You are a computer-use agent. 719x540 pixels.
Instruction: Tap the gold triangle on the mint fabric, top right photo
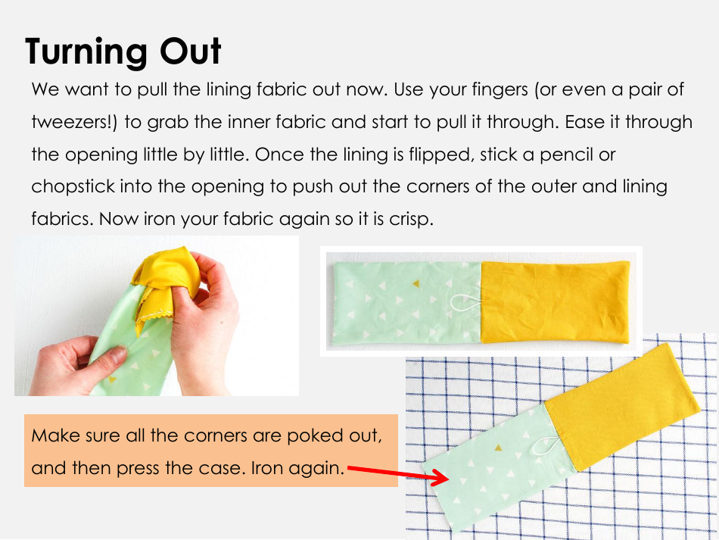point(415,284)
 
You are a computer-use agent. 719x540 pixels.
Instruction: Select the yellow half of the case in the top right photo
point(555,301)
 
